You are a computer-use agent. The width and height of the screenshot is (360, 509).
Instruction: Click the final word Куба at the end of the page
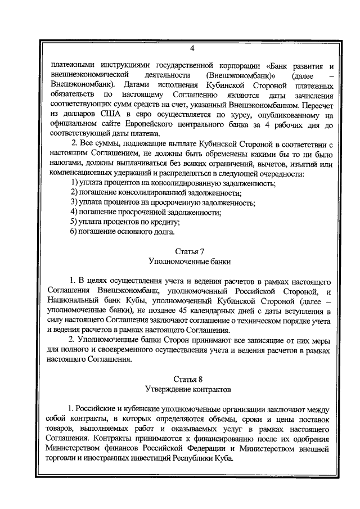[x=231, y=458]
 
